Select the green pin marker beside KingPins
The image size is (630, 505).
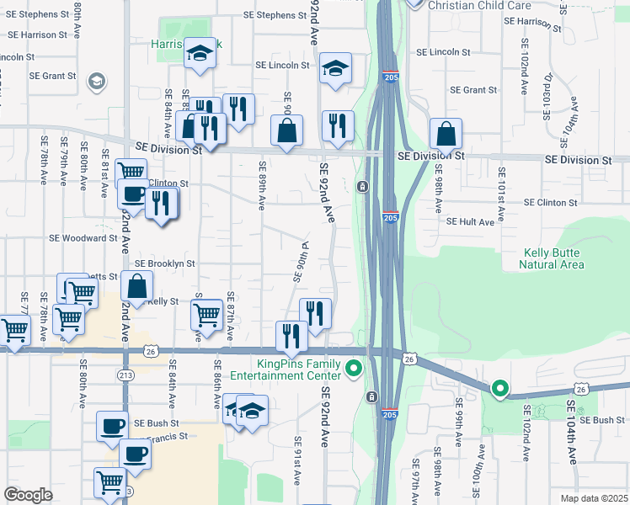[x=355, y=368]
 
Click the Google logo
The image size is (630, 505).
[x=29, y=495]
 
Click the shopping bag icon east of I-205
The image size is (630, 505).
[x=446, y=134]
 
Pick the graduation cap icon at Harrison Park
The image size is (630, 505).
[x=200, y=53]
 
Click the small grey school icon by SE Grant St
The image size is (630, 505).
[x=97, y=82]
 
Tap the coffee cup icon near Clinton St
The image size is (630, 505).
[x=133, y=193]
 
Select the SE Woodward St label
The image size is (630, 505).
[x=82, y=238]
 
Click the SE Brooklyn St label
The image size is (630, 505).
[x=165, y=263]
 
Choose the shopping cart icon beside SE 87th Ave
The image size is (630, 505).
[x=207, y=315]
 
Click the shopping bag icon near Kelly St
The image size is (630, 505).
[x=137, y=285]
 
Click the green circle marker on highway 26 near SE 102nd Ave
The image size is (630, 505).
[x=499, y=389]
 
